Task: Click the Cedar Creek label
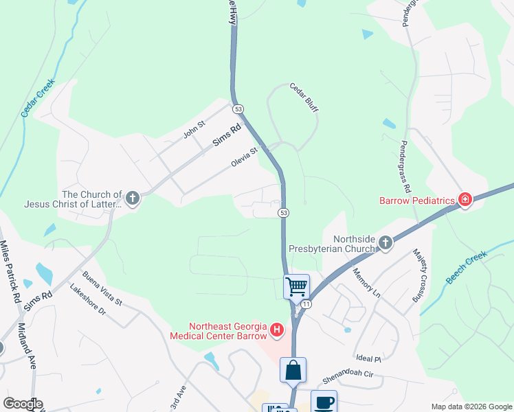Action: click(x=38, y=100)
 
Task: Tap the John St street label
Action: click(x=194, y=129)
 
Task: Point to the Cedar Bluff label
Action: click(x=304, y=98)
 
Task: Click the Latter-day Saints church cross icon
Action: click(x=133, y=199)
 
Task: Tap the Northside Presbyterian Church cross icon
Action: click(x=385, y=242)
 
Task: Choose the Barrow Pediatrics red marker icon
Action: click(x=465, y=200)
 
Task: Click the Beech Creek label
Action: click(x=467, y=267)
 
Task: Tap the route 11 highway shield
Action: click(x=306, y=303)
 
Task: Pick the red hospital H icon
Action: click(x=277, y=331)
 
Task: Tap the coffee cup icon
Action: click(x=324, y=402)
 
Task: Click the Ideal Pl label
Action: click(x=369, y=358)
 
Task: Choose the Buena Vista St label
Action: click(x=102, y=288)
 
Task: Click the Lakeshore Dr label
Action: click(x=88, y=301)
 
